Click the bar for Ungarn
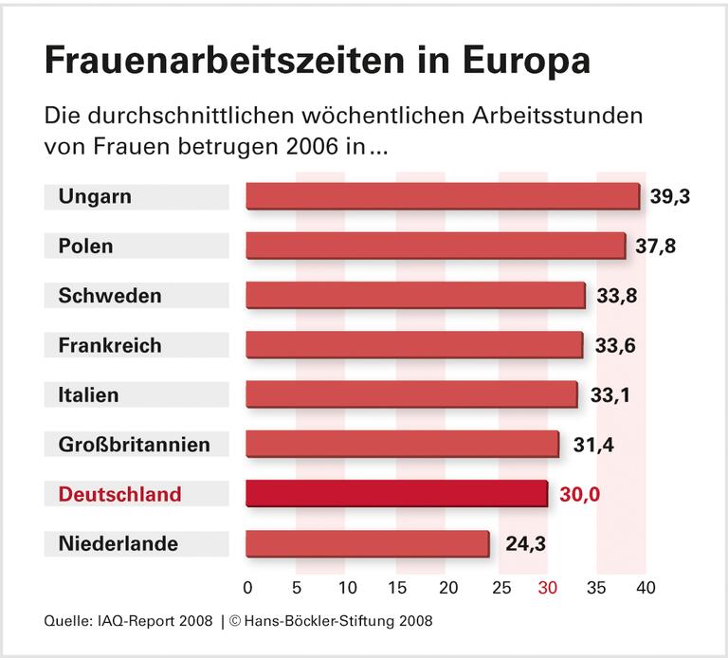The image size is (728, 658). point(443,196)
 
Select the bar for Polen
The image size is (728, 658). point(435,246)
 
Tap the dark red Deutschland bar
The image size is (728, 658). point(396,494)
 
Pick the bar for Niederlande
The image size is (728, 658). point(367,543)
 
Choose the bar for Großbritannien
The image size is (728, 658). point(402,444)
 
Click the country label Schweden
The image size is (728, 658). point(110,296)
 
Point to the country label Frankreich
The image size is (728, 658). point(110,345)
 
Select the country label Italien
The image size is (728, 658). point(89,394)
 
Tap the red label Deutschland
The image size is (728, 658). point(119,494)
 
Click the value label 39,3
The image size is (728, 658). point(670,196)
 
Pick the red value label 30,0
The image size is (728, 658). point(579,494)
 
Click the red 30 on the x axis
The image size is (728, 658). point(548,588)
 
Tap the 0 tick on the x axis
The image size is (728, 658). point(247,588)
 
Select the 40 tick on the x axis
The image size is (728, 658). point(646,588)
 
